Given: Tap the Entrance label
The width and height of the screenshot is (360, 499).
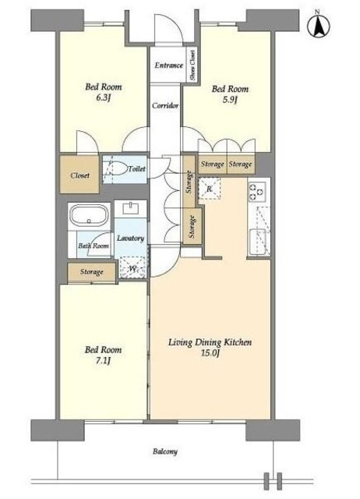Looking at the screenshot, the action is (x=168, y=65).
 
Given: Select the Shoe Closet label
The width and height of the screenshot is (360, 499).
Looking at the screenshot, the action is (x=192, y=65).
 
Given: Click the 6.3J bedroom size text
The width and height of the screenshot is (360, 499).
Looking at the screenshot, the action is (x=103, y=97).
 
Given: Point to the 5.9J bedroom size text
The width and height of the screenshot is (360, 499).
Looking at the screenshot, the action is (x=230, y=100).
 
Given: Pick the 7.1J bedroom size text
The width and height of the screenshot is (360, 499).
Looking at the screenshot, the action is (x=103, y=360).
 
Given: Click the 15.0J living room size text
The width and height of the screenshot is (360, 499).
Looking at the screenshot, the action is (x=210, y=353).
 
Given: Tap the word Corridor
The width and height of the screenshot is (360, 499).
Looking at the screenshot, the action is (x=165, y=105).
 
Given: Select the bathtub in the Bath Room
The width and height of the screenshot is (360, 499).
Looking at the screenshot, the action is (x=89, y=215).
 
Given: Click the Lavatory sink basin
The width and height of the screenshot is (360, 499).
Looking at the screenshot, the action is (x=130, y=208).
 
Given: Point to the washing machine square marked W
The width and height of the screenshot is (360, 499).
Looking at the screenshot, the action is (x=132, y=267).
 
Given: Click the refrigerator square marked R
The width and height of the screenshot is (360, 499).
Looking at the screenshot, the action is (x=209, y=189).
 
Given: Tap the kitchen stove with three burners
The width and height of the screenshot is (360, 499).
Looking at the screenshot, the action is (x=257, y=191).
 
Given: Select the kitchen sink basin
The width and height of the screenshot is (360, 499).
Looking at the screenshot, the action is (x=258, y=242).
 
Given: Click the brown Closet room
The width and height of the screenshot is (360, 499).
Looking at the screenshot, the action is (x=79, y=174).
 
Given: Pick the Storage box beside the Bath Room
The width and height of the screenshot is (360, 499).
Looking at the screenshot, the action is (x=92, y=272).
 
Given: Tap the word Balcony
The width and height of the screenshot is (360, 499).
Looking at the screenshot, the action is (x=164, y=451).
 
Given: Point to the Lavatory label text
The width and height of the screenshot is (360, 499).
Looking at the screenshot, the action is (x=130, y=238).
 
